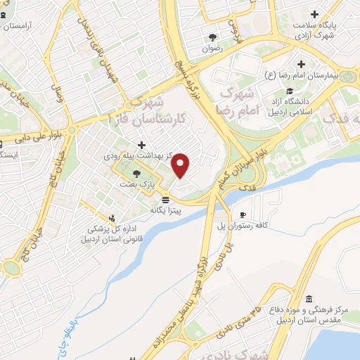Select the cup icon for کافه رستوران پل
pos(243,215)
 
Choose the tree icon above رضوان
pos(212,37)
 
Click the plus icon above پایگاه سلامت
pos(314,14)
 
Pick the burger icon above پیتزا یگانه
pos(165,199)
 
